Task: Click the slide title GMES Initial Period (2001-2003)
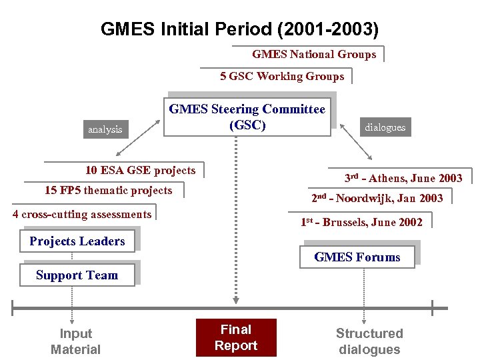(239, 29)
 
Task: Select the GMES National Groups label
(313, 55)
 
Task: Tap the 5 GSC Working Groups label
(282, 76)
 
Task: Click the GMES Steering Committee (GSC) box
(247, 117)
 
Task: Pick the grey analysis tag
(105, 129)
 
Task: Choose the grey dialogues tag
(385, 127)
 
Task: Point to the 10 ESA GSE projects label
(140, 171)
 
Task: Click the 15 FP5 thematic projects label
(108, 191)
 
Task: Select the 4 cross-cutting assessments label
(82, 214)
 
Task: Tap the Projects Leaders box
(77, 241)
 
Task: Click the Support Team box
(77, 275)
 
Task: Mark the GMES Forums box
(357, 257)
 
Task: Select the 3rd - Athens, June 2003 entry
(403, 178)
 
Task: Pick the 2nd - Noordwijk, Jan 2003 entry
(377, 198)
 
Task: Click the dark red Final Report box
(235, 337)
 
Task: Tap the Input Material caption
(75, 341)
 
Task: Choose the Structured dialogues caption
(369, 341)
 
